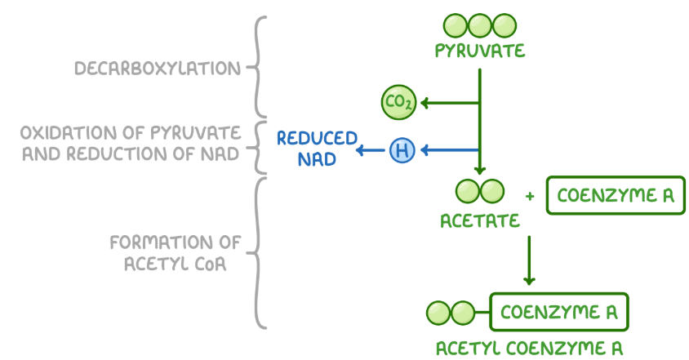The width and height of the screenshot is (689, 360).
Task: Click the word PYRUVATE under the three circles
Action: coord(479,52)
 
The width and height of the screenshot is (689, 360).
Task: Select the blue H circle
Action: coord(402,149)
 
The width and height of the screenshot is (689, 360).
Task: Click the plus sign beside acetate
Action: coord(530,196)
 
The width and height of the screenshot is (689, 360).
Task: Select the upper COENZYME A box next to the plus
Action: coord(615,196)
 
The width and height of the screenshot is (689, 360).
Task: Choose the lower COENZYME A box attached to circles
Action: coord(559,312)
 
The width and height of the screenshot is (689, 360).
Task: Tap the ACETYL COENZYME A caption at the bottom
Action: coord(534,345)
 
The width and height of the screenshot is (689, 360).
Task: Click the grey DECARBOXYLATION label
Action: coord(158,69)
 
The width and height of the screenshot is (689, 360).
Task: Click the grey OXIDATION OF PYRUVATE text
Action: coord(131,132)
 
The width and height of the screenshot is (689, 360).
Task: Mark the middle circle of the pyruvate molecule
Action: coord(479,24)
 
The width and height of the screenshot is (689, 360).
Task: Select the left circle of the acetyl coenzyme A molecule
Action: coord(438,312)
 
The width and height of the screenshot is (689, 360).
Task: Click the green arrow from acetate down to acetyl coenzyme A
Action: coord(529,260)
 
